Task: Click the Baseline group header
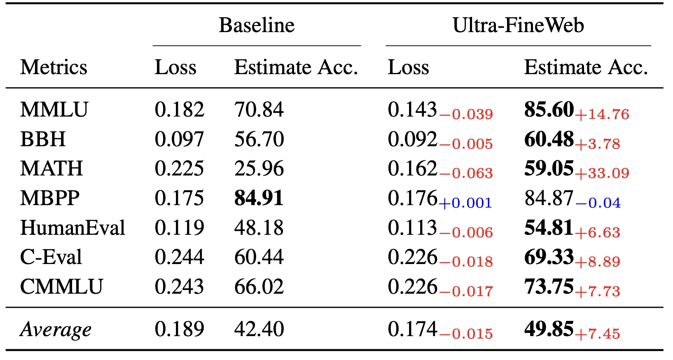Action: [x=257, y=26]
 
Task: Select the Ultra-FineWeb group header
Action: [x=518, y=26]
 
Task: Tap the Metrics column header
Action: [x=54, y=67]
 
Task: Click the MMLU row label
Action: [x=54, y=110]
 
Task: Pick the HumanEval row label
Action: [x=72, y=228]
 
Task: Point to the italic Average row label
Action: [x=56, y=330]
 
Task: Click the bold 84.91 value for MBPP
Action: [x=259, y=198]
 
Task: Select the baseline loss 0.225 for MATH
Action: [x=179, y=169]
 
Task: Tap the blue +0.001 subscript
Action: [x=465, y=203]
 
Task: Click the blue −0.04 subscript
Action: [x=598, y=203]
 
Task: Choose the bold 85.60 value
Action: [x=549, y=110]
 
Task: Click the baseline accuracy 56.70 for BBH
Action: [x=259, y=139]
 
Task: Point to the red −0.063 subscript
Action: [x=466, y=173]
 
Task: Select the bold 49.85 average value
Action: [x=549, y=329]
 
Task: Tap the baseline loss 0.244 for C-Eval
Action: [x=179, y=257]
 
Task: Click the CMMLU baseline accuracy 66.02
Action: [x=259, y=287]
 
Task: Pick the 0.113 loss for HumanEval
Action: [x=412, y=228]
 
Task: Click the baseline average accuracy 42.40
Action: [x=259, y=329]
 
